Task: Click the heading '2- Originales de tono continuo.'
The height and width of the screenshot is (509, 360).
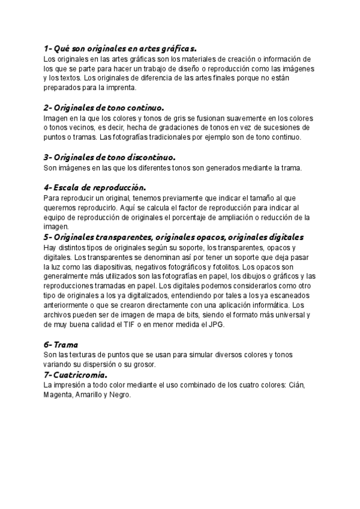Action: pos(103,108)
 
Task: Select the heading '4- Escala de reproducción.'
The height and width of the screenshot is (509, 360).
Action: pos(95,187)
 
